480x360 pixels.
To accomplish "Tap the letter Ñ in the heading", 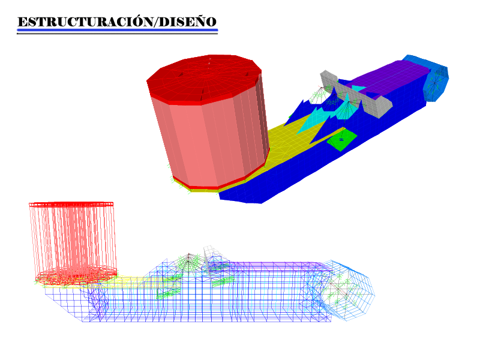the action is [x=200, y=22].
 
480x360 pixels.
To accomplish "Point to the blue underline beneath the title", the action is [x=117, y=30].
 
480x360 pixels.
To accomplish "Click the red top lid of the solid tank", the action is [x=204, y=78].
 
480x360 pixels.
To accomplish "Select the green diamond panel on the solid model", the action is [x=341, y=140].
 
